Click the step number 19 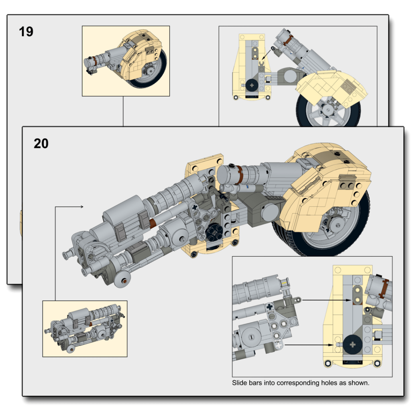pyautogui.click(x=26, y=32)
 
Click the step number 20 pyautogui.click(x=41, y=143)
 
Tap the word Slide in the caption pyautogui.click(x=240, y=383)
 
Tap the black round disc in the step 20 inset pyautogui.click(x=353, y=344)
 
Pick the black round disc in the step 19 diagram pyautogui.click(x=252, y=85)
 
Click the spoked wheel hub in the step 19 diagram pyautogui.click(x=328, y=110)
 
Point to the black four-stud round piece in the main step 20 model pyautogui.click(x=213, y=232)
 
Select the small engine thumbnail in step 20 pyautogui.click(x=85, y=328)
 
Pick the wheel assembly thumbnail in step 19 pyautogui.click(x=126, y=61)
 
